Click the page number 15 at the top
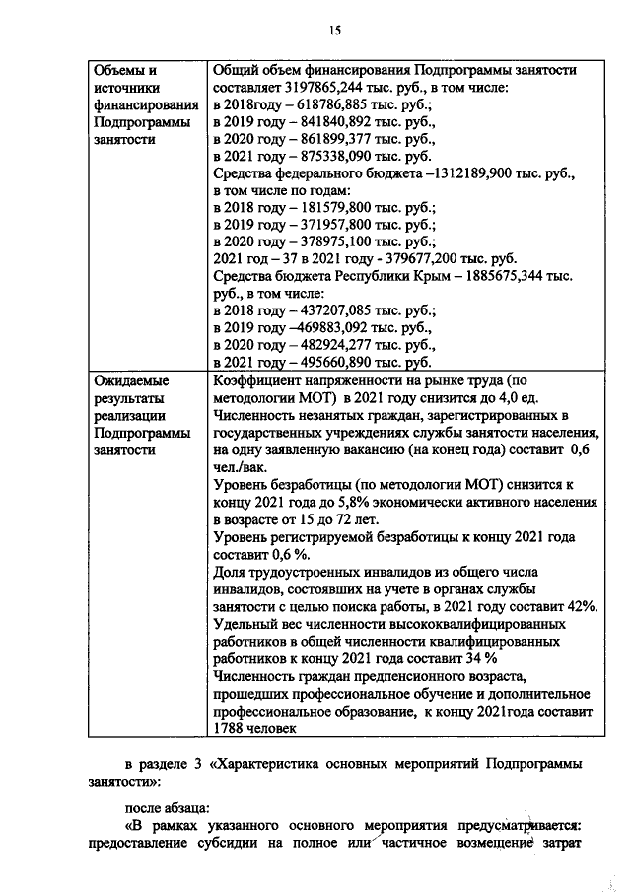[334, 31]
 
